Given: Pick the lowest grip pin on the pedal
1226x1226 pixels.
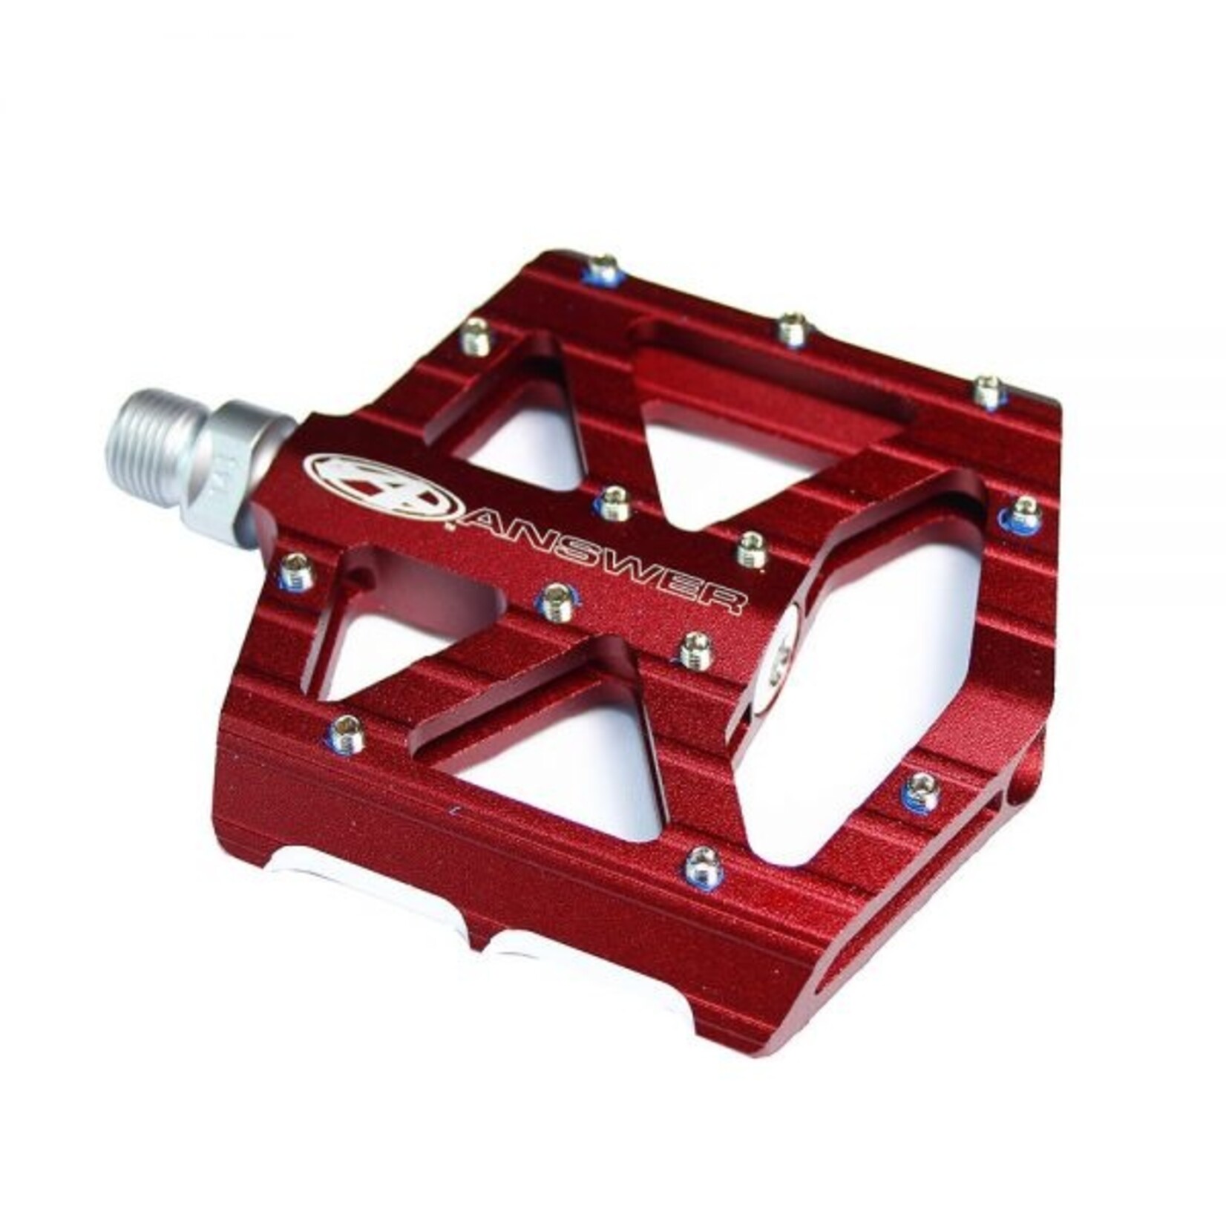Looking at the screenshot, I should click(703, 866).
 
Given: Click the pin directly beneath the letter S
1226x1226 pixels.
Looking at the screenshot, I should click(559, 601).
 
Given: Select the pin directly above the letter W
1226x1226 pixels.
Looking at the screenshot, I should click(614, 503).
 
